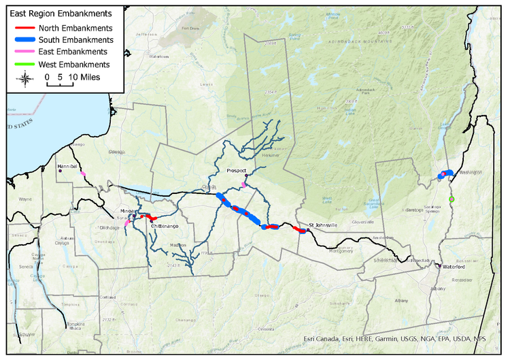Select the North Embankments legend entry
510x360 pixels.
(75, 28)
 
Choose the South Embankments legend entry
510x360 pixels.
(75, 40)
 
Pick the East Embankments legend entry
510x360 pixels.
(73, 52)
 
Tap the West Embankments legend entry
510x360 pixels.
(74, 64)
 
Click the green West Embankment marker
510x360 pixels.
(452, 199)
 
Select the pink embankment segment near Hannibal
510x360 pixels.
(83, 174)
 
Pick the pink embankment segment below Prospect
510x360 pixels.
(244, 184)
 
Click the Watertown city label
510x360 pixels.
(158, 56)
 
